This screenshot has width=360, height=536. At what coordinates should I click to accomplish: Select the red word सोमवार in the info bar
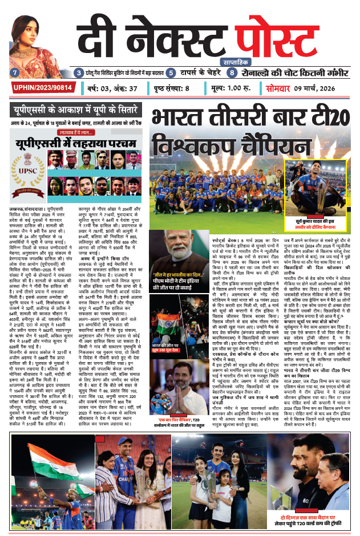(x=278, y=88)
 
